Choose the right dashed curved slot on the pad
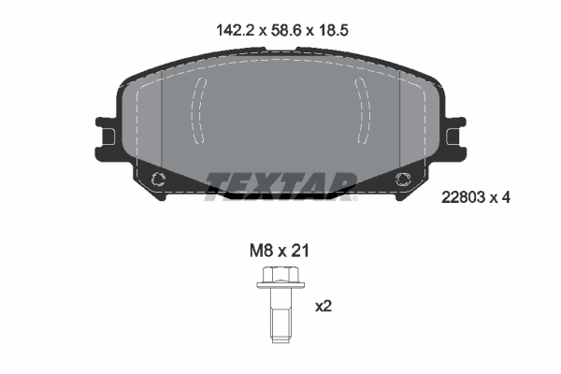364,109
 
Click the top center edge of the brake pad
280,50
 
